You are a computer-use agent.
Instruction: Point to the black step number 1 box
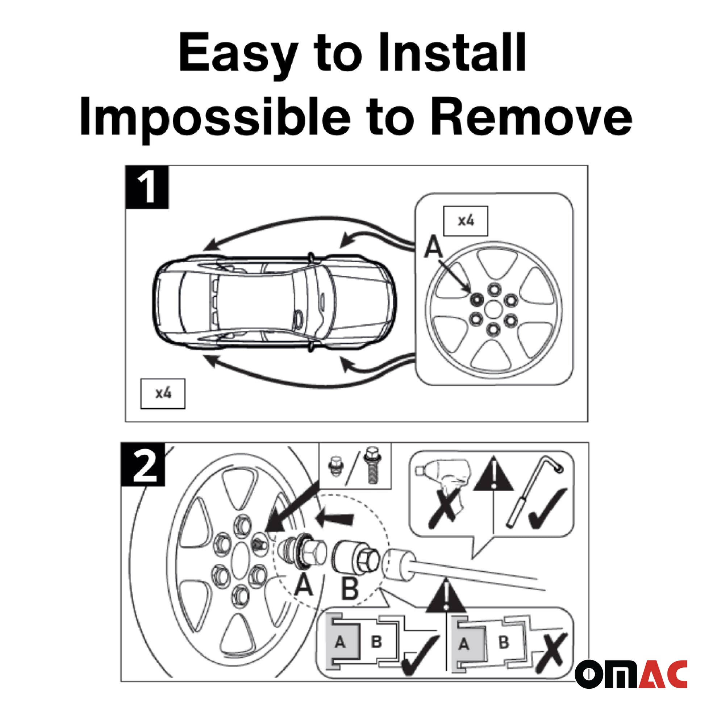pos(147,187)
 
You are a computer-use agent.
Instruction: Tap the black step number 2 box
pos(143,464)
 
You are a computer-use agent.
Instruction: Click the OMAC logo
pos(631,673)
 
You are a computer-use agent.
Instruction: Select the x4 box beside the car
pos(163,394)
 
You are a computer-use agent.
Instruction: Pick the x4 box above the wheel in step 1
pos(466,221)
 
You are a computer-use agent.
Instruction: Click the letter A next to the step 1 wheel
pos(434,247)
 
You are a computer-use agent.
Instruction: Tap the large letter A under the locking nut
pos(304,585)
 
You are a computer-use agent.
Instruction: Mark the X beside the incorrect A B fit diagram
pos(551,654)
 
